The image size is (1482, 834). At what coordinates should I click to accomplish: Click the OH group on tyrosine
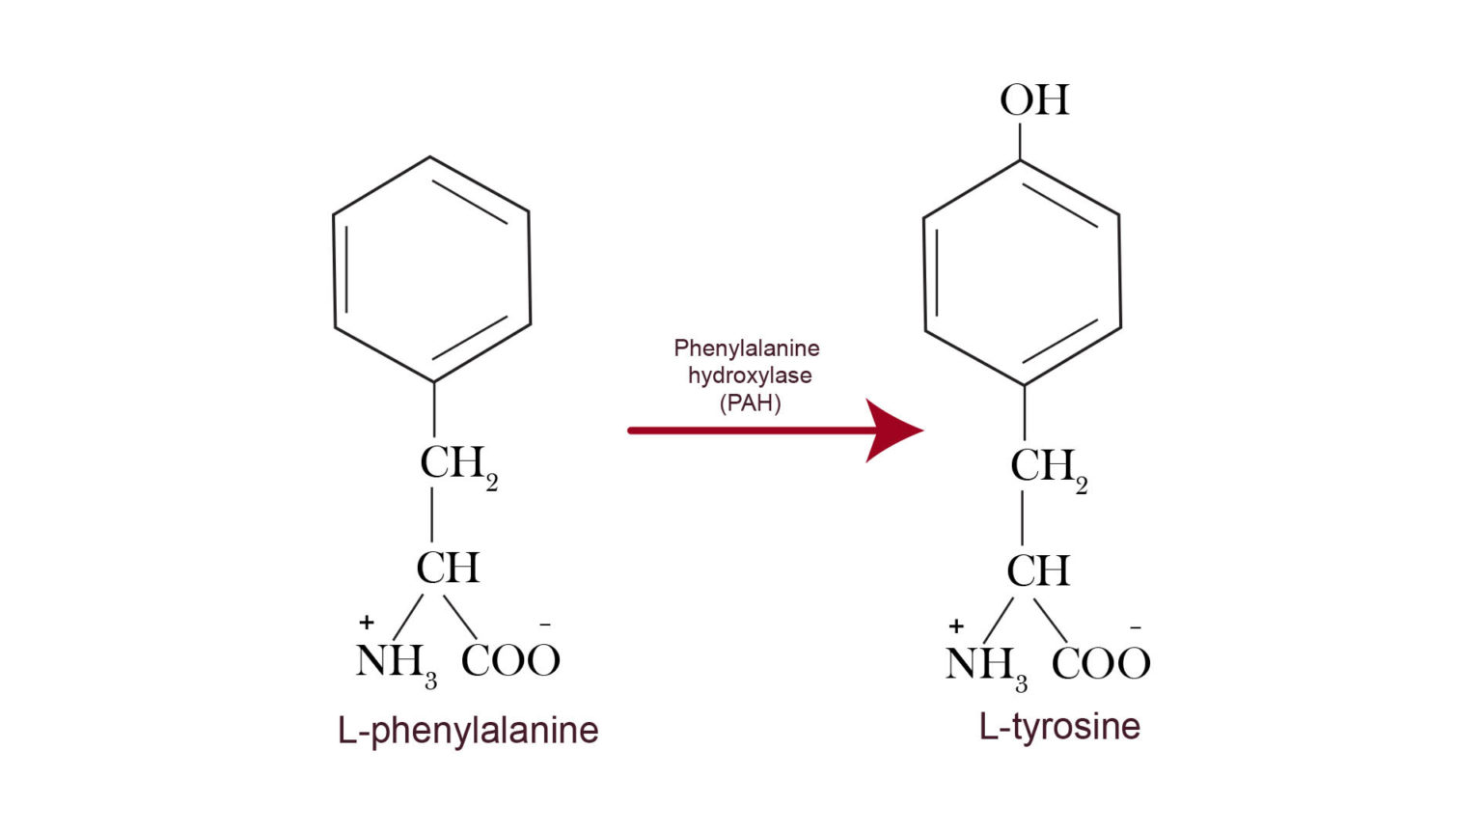tap(1034, 99)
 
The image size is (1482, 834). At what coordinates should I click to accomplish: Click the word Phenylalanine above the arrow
tap(746, 347)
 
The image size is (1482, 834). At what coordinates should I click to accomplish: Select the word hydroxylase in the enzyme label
tap(750, 375)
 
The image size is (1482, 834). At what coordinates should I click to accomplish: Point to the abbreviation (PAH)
tap(750, 403)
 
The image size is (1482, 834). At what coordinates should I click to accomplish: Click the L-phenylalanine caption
tap(468, 730)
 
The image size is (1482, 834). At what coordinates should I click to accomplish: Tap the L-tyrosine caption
tap(1059, 726)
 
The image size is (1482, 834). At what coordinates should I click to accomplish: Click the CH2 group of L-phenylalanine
tap(457, 464)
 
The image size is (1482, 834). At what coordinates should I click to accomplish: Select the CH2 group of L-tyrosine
tap(1048, 468)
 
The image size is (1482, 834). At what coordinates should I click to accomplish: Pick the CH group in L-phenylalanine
tap(448, 568)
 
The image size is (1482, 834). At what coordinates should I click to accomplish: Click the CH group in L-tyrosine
tap(1038, 571)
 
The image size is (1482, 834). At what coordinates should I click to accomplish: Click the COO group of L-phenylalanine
tap(510, 661)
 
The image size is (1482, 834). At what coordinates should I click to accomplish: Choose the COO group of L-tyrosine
tap(1101, 664)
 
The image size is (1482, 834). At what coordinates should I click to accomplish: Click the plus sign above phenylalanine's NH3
tap(366, 623)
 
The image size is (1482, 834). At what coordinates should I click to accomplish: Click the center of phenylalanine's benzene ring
tap(431, 269)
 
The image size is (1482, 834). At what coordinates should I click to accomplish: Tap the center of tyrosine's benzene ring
tap(1022, 273)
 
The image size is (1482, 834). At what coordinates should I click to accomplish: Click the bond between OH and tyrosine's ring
tap(1020, 141)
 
